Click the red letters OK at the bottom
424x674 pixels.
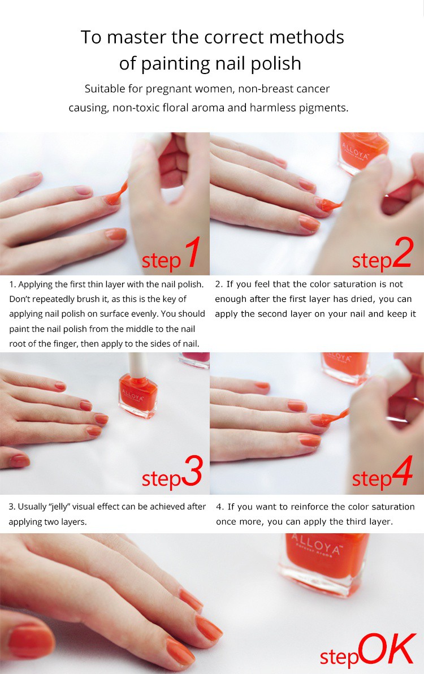coord(387,649)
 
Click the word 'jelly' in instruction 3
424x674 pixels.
coord(60,507)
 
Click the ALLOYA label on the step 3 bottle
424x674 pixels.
coord(134,395)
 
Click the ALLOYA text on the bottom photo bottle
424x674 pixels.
coord(316,545)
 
